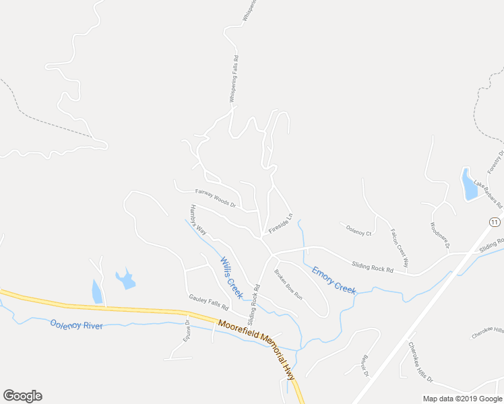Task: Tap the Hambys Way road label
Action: pos(198,219)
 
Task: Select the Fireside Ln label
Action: pos(281,224)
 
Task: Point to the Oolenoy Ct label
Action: pos(358,231)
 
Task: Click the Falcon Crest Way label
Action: pos(400,247)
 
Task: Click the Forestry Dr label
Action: pos(495,159)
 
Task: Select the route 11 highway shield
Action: pos(495,222)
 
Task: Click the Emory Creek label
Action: pos(334,279)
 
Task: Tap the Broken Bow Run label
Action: pos(288,284)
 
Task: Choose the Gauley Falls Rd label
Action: pos(209,302)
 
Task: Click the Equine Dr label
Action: pos(187,330)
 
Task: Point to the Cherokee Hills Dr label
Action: pos(420,362)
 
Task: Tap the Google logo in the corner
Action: pos(22,396)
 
